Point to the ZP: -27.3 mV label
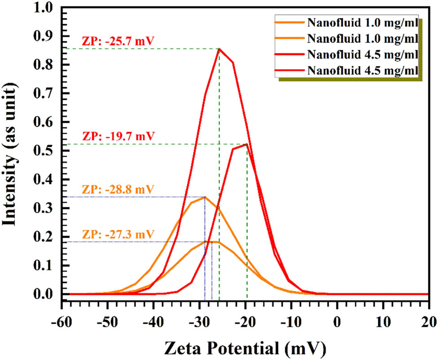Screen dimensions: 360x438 (x=118, y=234)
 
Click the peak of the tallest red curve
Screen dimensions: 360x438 (x=219, y=48)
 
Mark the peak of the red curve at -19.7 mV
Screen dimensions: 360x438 (x=247, y=144)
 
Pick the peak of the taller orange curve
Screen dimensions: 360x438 (x=205, y=197)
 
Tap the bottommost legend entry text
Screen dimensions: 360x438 (x=363, y=70)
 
